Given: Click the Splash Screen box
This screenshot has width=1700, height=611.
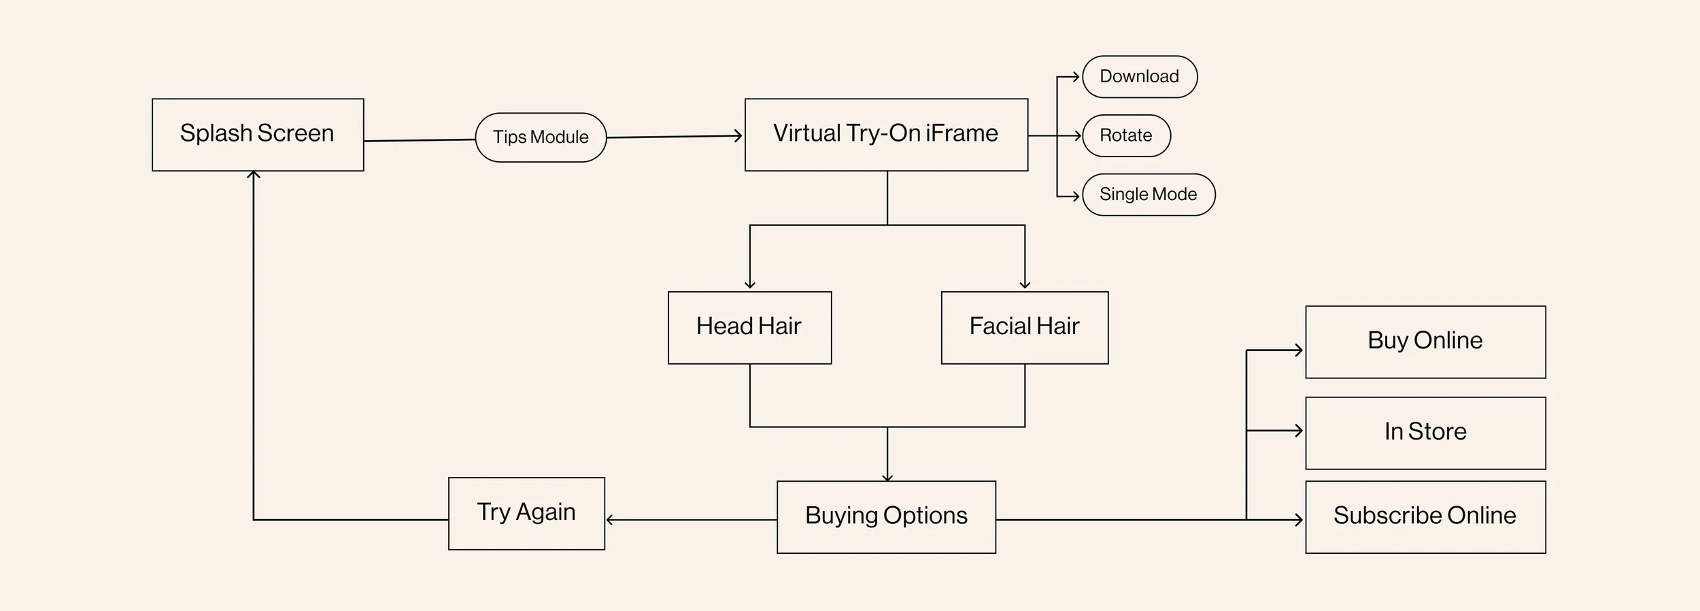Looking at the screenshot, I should [x=258, y=135].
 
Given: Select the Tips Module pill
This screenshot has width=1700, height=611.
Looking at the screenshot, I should [x=541, y=137].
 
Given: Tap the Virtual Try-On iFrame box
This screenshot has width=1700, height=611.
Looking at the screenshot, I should [x=886, y=135].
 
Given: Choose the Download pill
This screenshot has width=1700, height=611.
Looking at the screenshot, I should [x=1139, y=77].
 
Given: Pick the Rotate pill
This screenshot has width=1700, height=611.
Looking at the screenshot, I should [x=1126, y=135].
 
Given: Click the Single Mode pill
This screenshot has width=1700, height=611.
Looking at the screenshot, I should [x=1148, y=195].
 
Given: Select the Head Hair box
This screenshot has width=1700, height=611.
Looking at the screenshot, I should [x=749, y=327].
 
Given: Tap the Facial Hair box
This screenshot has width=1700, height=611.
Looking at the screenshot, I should [x=1024, y=327].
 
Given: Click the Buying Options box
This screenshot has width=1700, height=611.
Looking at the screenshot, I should [x=886, y=516].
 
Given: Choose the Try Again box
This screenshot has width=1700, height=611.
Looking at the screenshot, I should [x=526, y=513].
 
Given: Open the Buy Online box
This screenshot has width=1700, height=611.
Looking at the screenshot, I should [x=1425, y=342].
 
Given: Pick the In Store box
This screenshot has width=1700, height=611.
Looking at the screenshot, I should [x=1425, y=433].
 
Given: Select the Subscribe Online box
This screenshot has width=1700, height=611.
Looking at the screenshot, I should [x=1425, y=516].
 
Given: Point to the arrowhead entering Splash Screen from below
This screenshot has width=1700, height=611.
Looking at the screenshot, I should [x=254, y=175].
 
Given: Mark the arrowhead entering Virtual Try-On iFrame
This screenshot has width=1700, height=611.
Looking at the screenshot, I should [x=738, y=136].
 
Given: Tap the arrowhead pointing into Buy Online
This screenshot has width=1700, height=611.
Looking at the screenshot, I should [x=1299, y=350].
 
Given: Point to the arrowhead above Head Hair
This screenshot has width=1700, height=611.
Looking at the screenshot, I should [x=750, y=285].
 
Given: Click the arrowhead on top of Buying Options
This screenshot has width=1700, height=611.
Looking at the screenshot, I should [x=887, y=478].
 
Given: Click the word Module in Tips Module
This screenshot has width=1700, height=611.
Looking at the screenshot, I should [x=560, y=137].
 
